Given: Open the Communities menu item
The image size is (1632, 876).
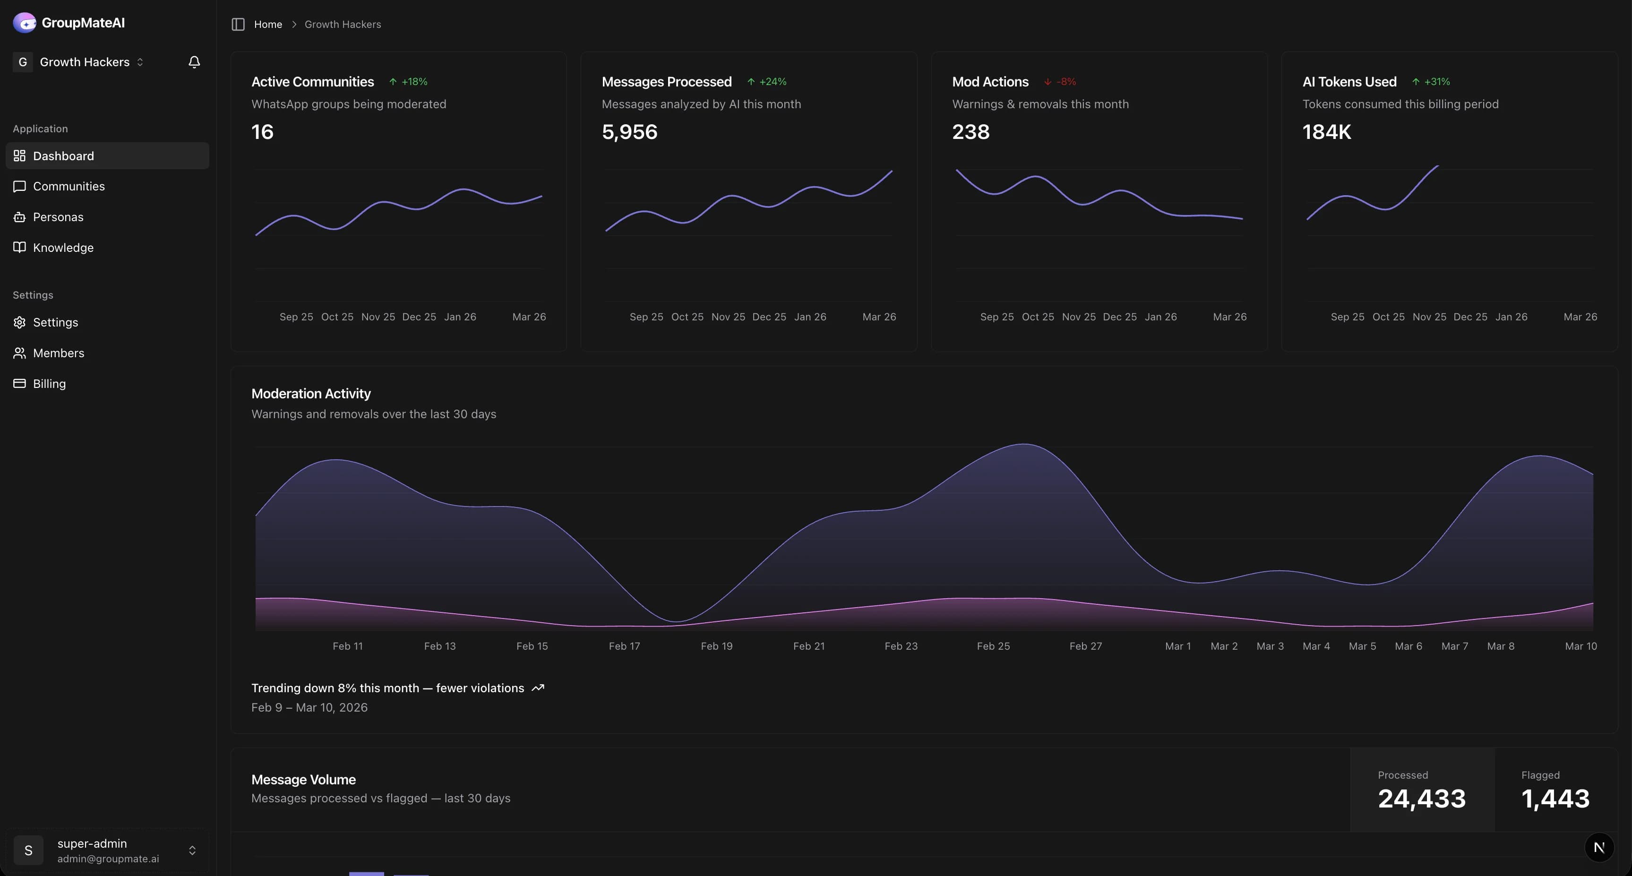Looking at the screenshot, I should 69,186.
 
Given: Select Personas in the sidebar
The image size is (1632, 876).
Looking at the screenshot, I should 58,216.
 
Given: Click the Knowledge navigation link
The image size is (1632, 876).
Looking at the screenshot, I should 63,248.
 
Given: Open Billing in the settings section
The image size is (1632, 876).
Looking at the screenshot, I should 49,383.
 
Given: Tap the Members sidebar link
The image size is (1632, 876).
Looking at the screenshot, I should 58,353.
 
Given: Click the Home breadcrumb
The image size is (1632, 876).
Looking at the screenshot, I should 268,24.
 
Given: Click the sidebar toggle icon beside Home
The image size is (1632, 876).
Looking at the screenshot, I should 238,24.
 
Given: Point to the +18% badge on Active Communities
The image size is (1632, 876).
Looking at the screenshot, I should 409,82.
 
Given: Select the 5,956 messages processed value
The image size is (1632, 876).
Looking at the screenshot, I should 629,132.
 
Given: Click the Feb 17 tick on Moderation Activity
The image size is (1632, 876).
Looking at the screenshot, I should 624,646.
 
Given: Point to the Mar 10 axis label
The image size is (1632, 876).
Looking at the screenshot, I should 1580,646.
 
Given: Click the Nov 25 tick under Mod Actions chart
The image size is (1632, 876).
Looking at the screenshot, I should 1078,317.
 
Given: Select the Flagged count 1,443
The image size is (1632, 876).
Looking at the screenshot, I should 1555,798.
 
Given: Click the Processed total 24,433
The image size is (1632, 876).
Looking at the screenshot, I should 1422,798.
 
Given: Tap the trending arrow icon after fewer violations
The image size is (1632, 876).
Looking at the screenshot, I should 538,688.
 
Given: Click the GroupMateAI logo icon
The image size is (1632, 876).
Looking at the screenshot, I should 24,23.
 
